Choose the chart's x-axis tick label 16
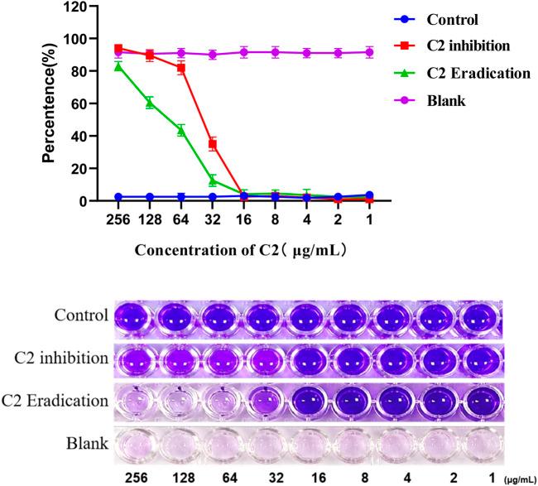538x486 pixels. coord(244,218)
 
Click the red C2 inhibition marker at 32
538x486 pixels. coord(213,144)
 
